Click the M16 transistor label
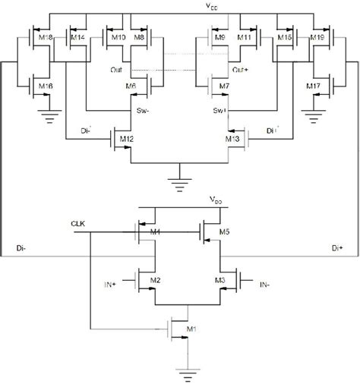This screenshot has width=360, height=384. pyautogui.click(x=45, y=88)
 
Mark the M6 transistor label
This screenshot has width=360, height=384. pyautogui.click(x=130, y=88)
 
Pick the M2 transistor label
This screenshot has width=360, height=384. pyautogui.click(x=155, y=280)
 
